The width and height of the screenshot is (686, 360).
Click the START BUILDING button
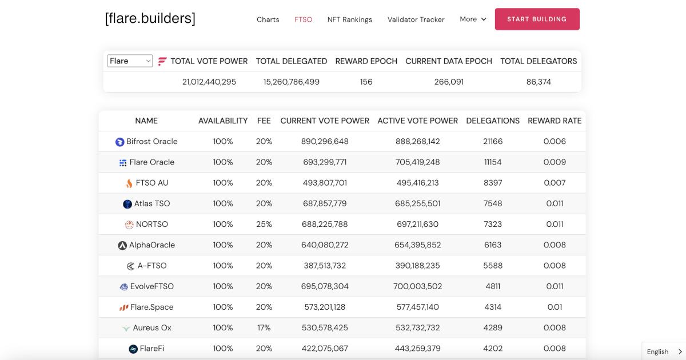pos(537,19)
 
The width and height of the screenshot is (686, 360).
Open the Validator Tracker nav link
pos(416,19)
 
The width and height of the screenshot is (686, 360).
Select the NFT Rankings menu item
pos(349,19)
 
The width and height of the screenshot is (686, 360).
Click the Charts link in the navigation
pos(268,19)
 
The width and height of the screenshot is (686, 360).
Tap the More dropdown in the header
pos(473,19)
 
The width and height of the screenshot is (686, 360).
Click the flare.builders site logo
pos(150,18)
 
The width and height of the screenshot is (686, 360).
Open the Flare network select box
pos(130,61)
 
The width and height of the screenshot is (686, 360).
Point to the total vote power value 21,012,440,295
pos(209,82)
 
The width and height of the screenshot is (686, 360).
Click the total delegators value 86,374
pos(539,82)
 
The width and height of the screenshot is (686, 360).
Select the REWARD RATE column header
pos(554,121)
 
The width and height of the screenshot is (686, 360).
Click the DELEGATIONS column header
pos(492,121)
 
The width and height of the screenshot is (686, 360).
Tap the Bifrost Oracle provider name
pos(151,142)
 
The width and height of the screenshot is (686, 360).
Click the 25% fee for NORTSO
pos(264,225)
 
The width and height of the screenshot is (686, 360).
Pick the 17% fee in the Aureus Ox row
pos(264,328)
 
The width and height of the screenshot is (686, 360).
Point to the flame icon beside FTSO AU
pos(129,183)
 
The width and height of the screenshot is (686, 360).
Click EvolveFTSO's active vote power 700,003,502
pos(417,286)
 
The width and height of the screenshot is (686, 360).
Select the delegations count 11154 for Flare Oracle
pos(492,162)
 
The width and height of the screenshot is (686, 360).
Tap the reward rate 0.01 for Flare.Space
pos(554,307)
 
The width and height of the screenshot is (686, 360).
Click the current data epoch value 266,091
pos(449,82)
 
